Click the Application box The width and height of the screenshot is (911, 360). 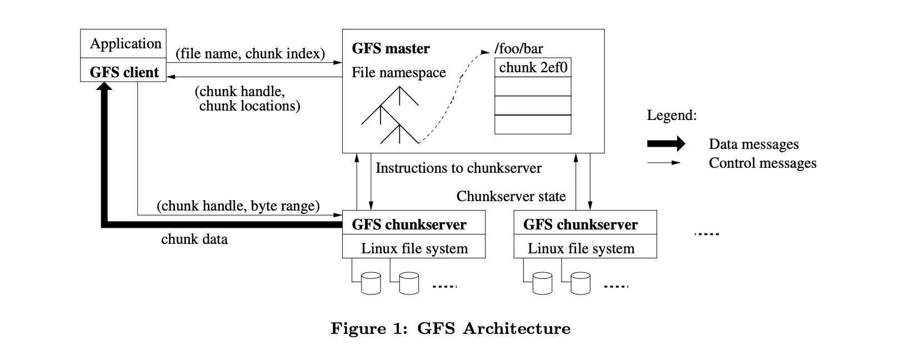click(x=123, y=43)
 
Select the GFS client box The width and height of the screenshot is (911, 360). click(x=123, y=72)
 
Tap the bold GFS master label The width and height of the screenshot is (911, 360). click(x=391, y=49)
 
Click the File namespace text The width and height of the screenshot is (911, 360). click(x=398, y=73)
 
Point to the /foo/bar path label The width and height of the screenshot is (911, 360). click(x=518, y=49)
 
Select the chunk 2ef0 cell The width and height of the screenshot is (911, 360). click(x=533, y=68)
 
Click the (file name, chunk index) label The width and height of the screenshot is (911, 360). click(x=250, y=54)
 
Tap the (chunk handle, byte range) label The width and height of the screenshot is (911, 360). click(x=238, y=206)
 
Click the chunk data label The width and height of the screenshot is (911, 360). click(x=194, y=239)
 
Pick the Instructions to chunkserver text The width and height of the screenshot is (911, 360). click(x=458, y=168)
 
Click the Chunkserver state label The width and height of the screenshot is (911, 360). click(x=510, y=196)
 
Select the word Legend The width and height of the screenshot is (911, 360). click(x=671, y=116)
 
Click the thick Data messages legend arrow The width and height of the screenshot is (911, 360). click(x=665, y=144)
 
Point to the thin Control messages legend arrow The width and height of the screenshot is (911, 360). click(x=663, y=163)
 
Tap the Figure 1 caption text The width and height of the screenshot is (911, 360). click(x=451, y=328)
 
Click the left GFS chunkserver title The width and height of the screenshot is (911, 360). click(x=409, y=224)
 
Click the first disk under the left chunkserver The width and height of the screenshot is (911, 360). click(x=371, y=283)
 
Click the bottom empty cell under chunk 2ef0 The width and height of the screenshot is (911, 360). click(x=533, y=124)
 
